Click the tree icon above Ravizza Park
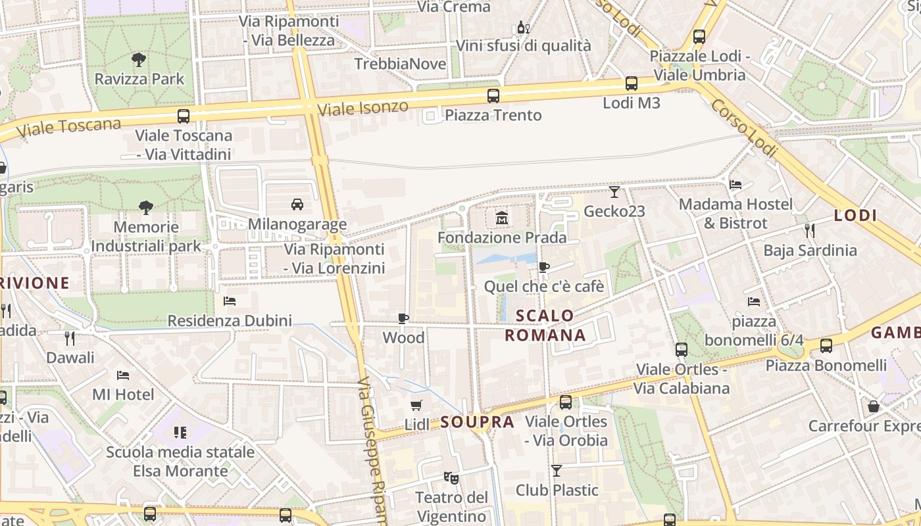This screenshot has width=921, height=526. point(139,60)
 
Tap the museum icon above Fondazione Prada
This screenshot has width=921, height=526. point(502,218)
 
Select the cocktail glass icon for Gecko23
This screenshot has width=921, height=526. point(614,192)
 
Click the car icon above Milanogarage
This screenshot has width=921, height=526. point(297,204)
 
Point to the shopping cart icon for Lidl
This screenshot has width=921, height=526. point(416,405)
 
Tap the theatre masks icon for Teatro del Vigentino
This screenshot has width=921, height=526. point(451,477)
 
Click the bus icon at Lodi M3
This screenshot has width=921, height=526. point(632,84)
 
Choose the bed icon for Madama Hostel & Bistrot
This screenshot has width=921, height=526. point(735,185)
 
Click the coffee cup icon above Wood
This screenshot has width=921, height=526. point(403,319)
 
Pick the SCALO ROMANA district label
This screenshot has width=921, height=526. point(545,325)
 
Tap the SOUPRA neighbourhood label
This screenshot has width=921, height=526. point(477,422)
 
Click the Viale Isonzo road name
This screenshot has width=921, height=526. point(362,108)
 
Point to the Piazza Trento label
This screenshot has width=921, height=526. point(493,116)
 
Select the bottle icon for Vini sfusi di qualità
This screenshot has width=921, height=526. point(523,28)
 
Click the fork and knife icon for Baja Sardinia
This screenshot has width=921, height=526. point(810,230)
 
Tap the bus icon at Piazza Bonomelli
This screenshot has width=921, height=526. point(826,346)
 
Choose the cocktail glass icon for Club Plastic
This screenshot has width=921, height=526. point(557,471)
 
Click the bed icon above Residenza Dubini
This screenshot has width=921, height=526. point(230,301)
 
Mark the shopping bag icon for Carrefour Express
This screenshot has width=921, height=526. point(874,406)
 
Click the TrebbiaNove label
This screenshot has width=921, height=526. point(400,64)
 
